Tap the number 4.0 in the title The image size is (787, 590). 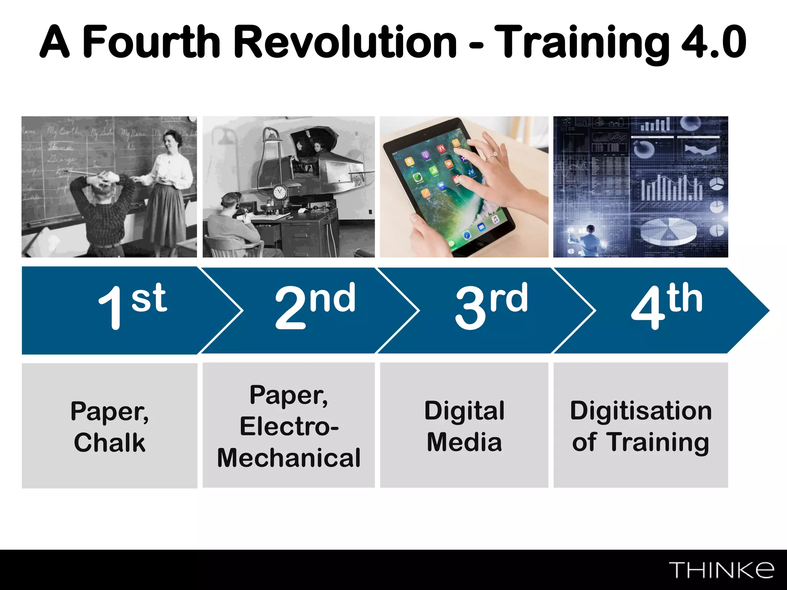tap(714, 42)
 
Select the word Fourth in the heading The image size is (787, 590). tap(151, 42)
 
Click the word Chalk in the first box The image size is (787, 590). tap(110, 442)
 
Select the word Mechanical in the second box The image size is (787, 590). tap(289, 458)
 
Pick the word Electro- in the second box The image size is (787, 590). tap(289, 426)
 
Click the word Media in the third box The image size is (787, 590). tap(464, 442)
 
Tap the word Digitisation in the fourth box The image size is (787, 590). tap(641, 411)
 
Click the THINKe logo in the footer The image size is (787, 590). tap(722, 570)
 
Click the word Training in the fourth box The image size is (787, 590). tap(658, 442)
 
